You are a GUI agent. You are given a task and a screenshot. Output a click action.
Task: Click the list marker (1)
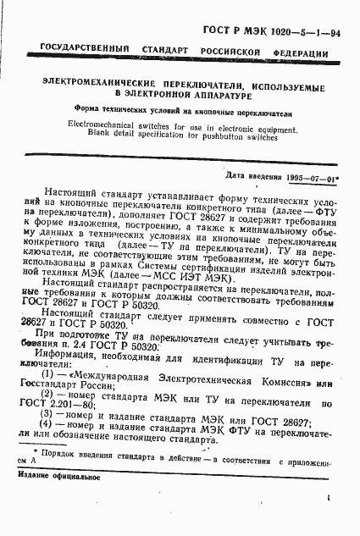pyautogui.click(x=49, y=374)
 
